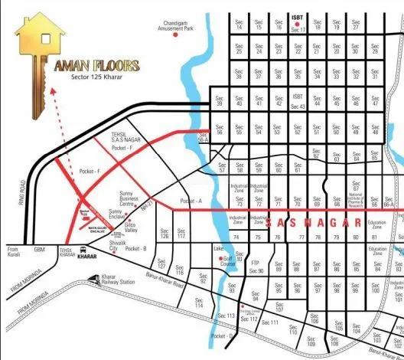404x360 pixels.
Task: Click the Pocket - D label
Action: click(221, 335)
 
